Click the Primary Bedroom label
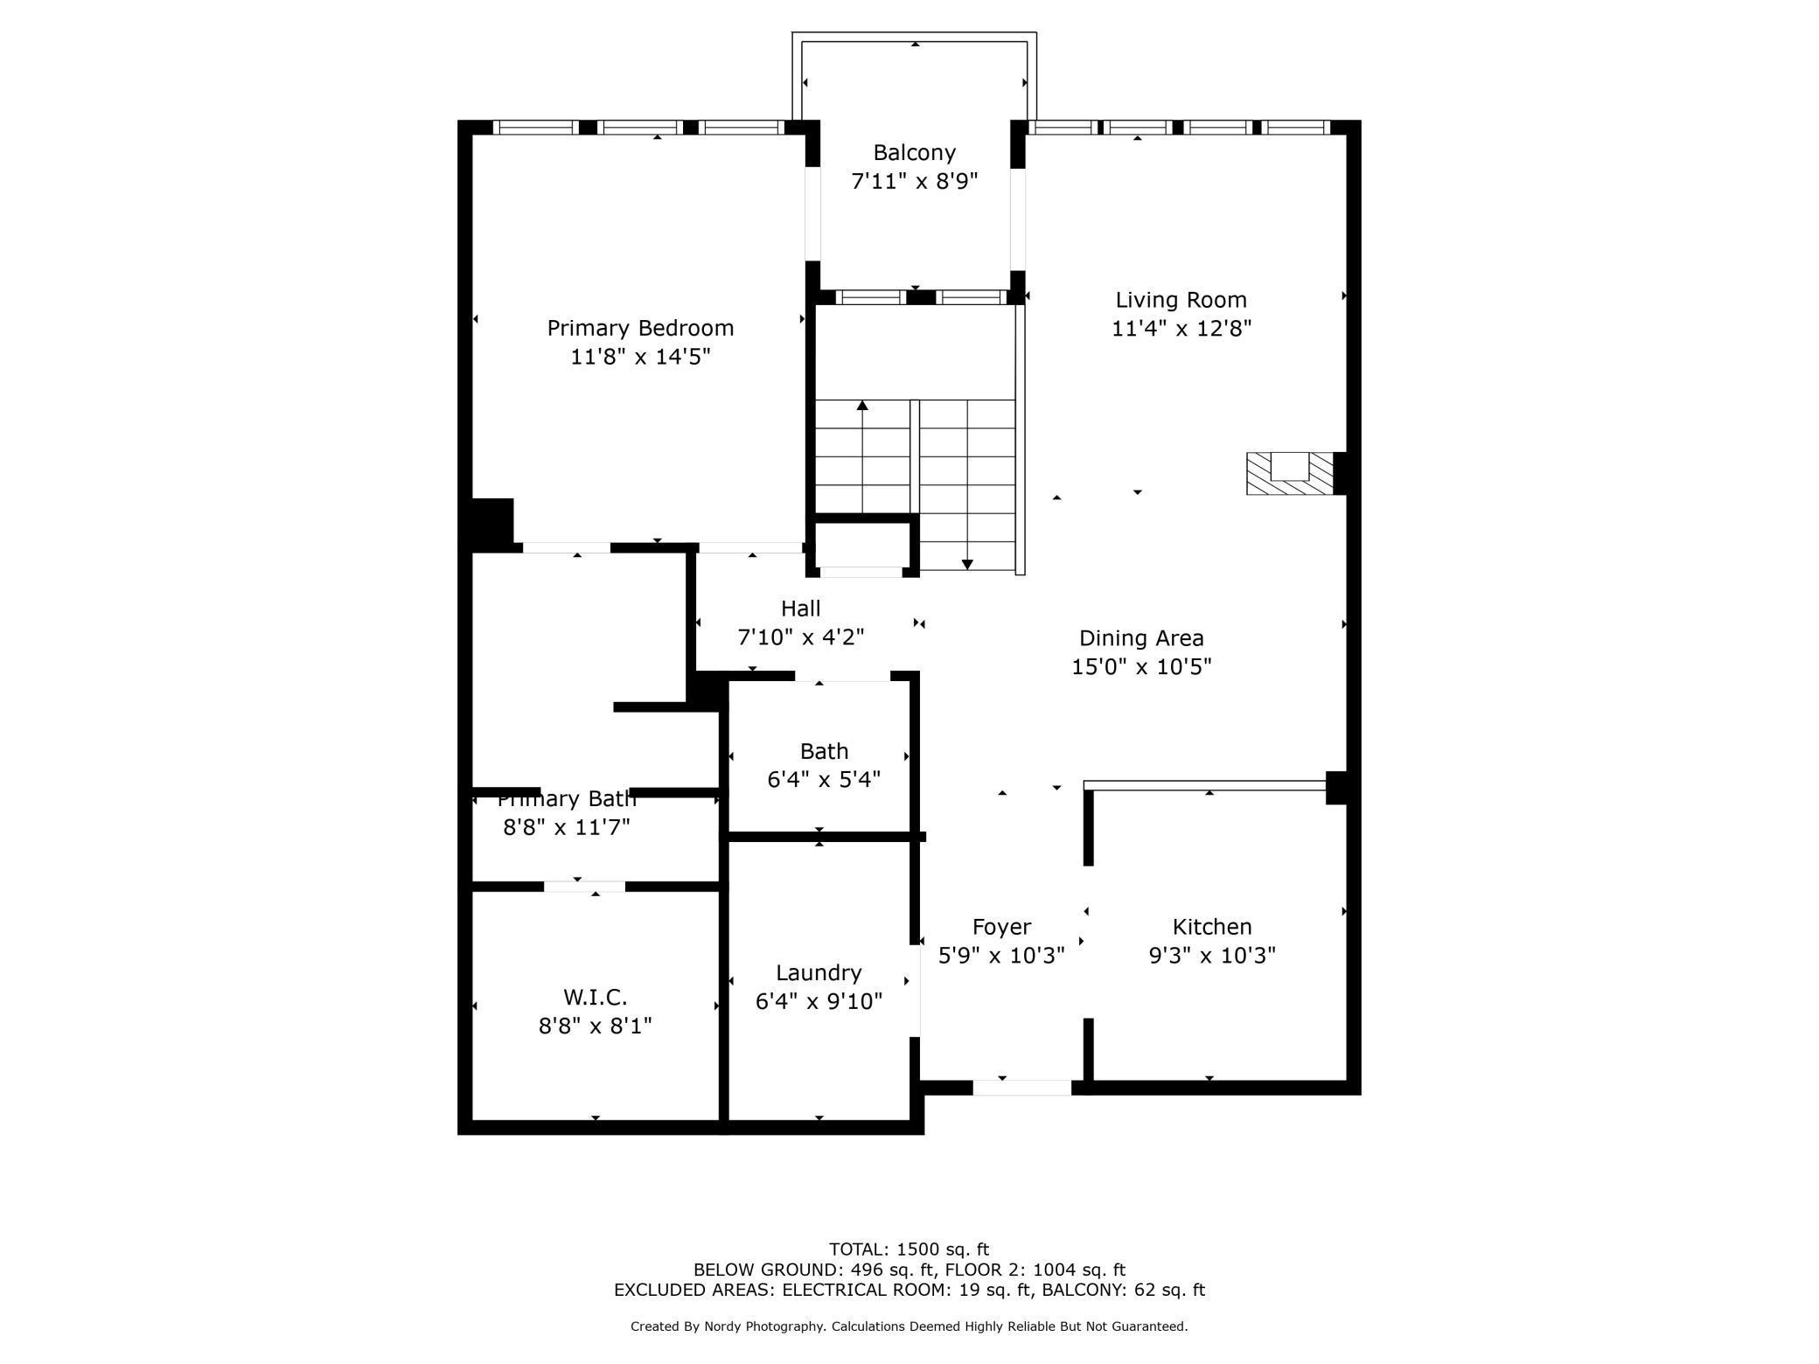(x=640, y=329)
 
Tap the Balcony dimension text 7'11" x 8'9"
(x=915, y=181)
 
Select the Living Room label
(x=1181, y=300)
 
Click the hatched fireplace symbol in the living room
(x=1290, y=473)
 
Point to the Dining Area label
(x=1141, y=638)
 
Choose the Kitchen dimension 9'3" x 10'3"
(x=1212, y=955)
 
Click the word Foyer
(x=1001, y=927)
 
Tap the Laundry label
(x=819, y=973)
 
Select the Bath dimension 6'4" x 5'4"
(x=824, y=779)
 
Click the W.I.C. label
(x=596, y=997)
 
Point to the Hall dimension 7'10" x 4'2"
(x=801, y=637)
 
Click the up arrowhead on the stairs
(x=862, y=406)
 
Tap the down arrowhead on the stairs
(x=967, y=564)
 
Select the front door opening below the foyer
(x=1022, y=1088)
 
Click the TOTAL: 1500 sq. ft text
(x=909, y=1249)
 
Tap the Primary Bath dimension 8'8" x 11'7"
(x=567, y=827)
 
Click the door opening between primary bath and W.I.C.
(x=584, y=887)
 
